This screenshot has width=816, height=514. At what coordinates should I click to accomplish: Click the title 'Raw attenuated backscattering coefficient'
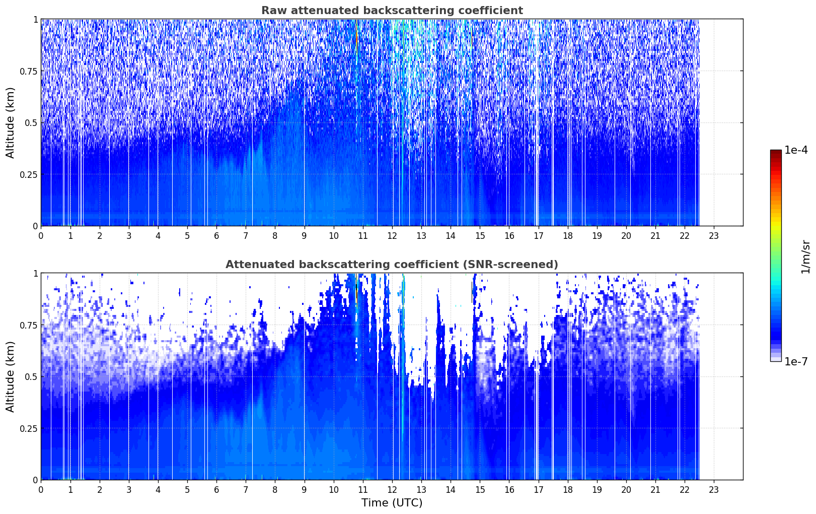pyautogui.click(x=392, y=10)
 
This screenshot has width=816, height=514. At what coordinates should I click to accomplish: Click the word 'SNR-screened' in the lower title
pyautogui.click(x=508, y=264)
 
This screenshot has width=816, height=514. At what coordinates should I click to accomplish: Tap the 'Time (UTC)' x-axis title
pyautogui.click(x=392, y=503)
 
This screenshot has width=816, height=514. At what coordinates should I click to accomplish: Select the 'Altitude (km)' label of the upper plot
pyautogui.click(x=10, y=123)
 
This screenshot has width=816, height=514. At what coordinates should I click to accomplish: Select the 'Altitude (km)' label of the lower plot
pyautogui.click(x=10, y=376)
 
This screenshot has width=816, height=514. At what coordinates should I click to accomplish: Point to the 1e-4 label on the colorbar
pyautogui.click(x=796, y=150)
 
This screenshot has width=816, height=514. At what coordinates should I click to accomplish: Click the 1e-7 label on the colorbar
pyautogui.click(x=796, y=362)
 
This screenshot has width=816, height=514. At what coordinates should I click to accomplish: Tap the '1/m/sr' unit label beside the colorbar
pyautogui.click(x=805, y=256)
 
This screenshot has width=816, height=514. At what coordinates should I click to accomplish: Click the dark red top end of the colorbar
pyautogui.click(x=776, y=152)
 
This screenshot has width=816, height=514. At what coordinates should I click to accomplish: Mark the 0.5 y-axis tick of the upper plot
pyautogui.click(x=31, y=123)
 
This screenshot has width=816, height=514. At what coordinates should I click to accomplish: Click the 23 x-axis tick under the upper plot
pyautogui.click(x=714, y=236)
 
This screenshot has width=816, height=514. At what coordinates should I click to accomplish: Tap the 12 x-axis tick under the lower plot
pyautogui.click(x=392, y=490)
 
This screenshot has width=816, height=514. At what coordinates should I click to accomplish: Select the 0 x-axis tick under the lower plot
pyautogui.click(x=41, y=490)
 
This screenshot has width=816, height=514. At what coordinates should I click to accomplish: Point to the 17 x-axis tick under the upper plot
pyautogui.click(x=539, y=236)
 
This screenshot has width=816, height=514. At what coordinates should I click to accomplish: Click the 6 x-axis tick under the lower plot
pyautogui.click(x=216, y=490)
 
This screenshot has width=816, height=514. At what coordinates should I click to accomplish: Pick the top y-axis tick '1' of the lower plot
pyautogui.click(x=36, y=274)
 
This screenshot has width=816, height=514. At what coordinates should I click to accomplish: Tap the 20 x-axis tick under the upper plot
pyautogui.click(x=626, y=236)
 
